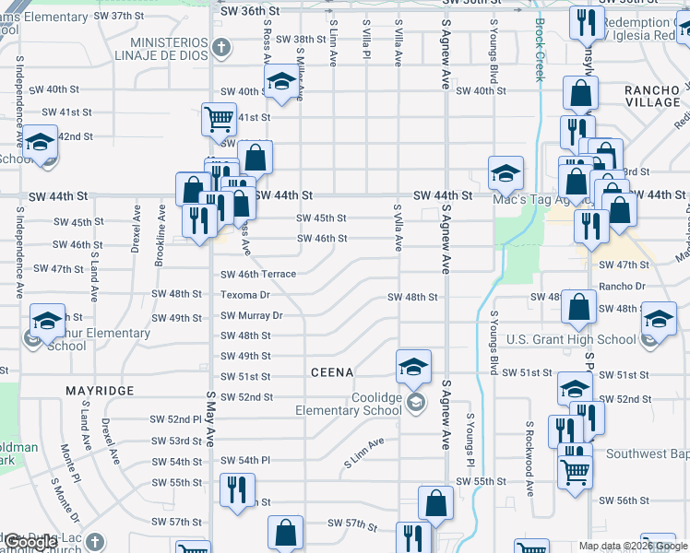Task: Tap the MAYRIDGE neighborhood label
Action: coord(99,391)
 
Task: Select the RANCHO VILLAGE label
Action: coord(651,95)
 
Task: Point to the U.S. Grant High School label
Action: coord(571,339)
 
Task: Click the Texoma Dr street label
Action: coord(244,295)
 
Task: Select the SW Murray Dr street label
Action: coord(251,315)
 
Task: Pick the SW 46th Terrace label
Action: coord(258,274)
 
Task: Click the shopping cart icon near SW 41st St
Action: coord(219,118)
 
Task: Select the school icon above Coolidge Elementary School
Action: coord(414,365)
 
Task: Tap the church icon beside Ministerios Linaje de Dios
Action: coord(220,46)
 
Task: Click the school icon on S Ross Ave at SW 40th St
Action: coord(281,81)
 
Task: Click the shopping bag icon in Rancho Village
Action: coord(581,91)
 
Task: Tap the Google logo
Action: coord(30,543)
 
